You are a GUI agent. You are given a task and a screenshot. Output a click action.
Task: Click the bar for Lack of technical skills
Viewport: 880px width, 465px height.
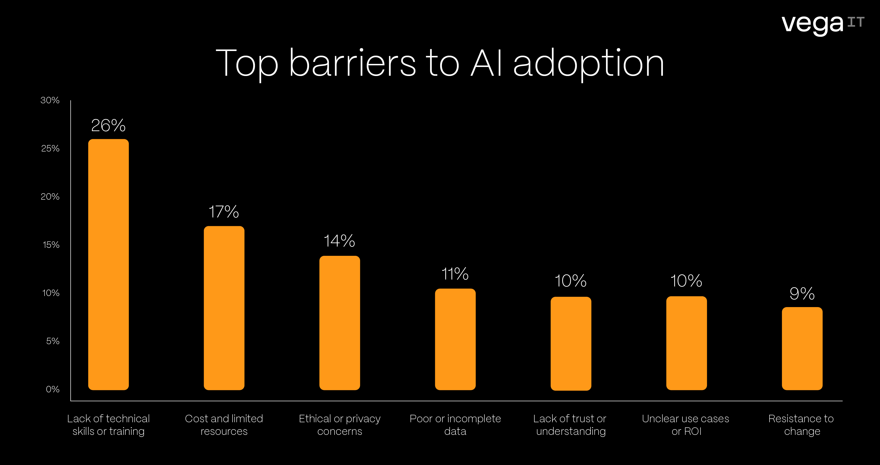108,265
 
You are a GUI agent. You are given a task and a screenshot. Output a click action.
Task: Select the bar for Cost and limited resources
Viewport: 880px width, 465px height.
224,308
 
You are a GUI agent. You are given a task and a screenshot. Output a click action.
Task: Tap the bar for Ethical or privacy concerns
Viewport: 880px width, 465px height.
340,323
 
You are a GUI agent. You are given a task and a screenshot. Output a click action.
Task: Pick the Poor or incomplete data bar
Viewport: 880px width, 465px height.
455,339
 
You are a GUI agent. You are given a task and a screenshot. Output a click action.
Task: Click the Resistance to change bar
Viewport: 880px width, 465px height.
802,349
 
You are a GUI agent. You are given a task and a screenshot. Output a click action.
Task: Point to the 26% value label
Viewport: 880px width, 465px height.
108,125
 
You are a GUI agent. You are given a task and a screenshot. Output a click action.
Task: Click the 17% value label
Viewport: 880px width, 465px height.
224,212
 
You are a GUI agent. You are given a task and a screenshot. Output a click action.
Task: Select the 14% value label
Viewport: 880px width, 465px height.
339,241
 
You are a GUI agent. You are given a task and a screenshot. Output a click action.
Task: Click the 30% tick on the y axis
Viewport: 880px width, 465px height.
50,100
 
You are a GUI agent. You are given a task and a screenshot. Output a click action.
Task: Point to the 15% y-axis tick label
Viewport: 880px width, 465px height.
51,245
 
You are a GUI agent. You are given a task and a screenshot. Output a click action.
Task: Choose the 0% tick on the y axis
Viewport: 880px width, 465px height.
53,390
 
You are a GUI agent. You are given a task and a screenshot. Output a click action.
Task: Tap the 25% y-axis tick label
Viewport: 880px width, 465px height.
50,149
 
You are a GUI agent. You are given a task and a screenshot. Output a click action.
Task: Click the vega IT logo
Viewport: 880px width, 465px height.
823,24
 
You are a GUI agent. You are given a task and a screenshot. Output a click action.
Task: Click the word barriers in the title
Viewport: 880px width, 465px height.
352,63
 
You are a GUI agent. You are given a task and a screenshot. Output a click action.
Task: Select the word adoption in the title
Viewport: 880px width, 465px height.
589,63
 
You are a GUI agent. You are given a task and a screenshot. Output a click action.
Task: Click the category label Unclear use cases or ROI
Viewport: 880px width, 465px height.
686,425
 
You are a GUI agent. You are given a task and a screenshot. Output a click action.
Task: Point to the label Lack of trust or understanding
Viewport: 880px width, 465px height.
570,425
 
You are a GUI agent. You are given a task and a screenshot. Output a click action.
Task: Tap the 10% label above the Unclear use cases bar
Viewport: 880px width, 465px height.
686,281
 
